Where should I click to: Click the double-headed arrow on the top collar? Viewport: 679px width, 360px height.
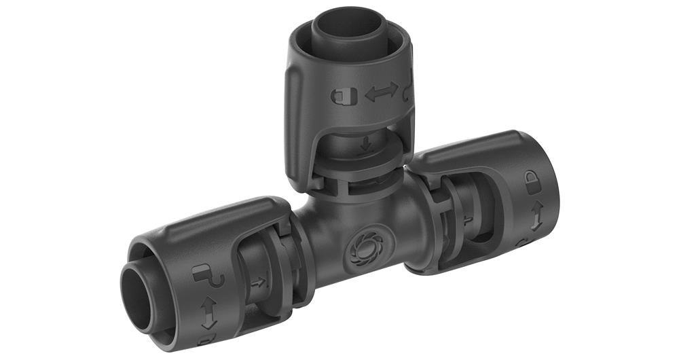tap(381, 94)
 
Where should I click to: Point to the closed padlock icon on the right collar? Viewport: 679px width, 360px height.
tap(532, 180)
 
